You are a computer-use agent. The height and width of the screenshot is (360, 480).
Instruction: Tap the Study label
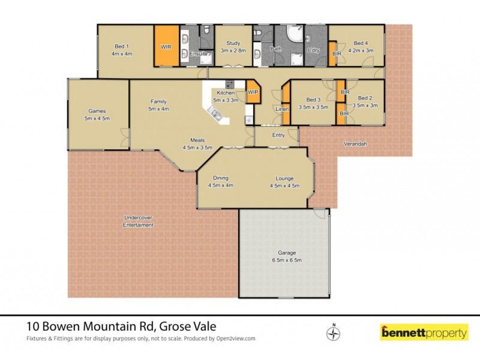(233, 47)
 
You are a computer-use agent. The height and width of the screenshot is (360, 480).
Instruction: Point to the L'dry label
(313, 50)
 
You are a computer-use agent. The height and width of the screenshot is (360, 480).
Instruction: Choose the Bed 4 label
(361, 47)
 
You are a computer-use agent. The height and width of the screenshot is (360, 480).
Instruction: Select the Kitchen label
(226, 96)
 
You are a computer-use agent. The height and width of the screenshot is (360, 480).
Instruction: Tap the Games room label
(97, 115)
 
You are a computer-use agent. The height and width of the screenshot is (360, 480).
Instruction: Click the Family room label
(158, 105)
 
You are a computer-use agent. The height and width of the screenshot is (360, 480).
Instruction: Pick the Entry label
(278, 135)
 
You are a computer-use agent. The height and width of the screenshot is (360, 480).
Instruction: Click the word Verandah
(355, 145)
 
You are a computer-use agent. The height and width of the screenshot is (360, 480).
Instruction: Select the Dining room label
(220, 182)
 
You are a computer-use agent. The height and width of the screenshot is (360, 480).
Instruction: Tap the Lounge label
(284, 182)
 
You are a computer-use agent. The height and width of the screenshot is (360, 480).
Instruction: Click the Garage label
(286, 256)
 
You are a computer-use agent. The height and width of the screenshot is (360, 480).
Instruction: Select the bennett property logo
(424, 332)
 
